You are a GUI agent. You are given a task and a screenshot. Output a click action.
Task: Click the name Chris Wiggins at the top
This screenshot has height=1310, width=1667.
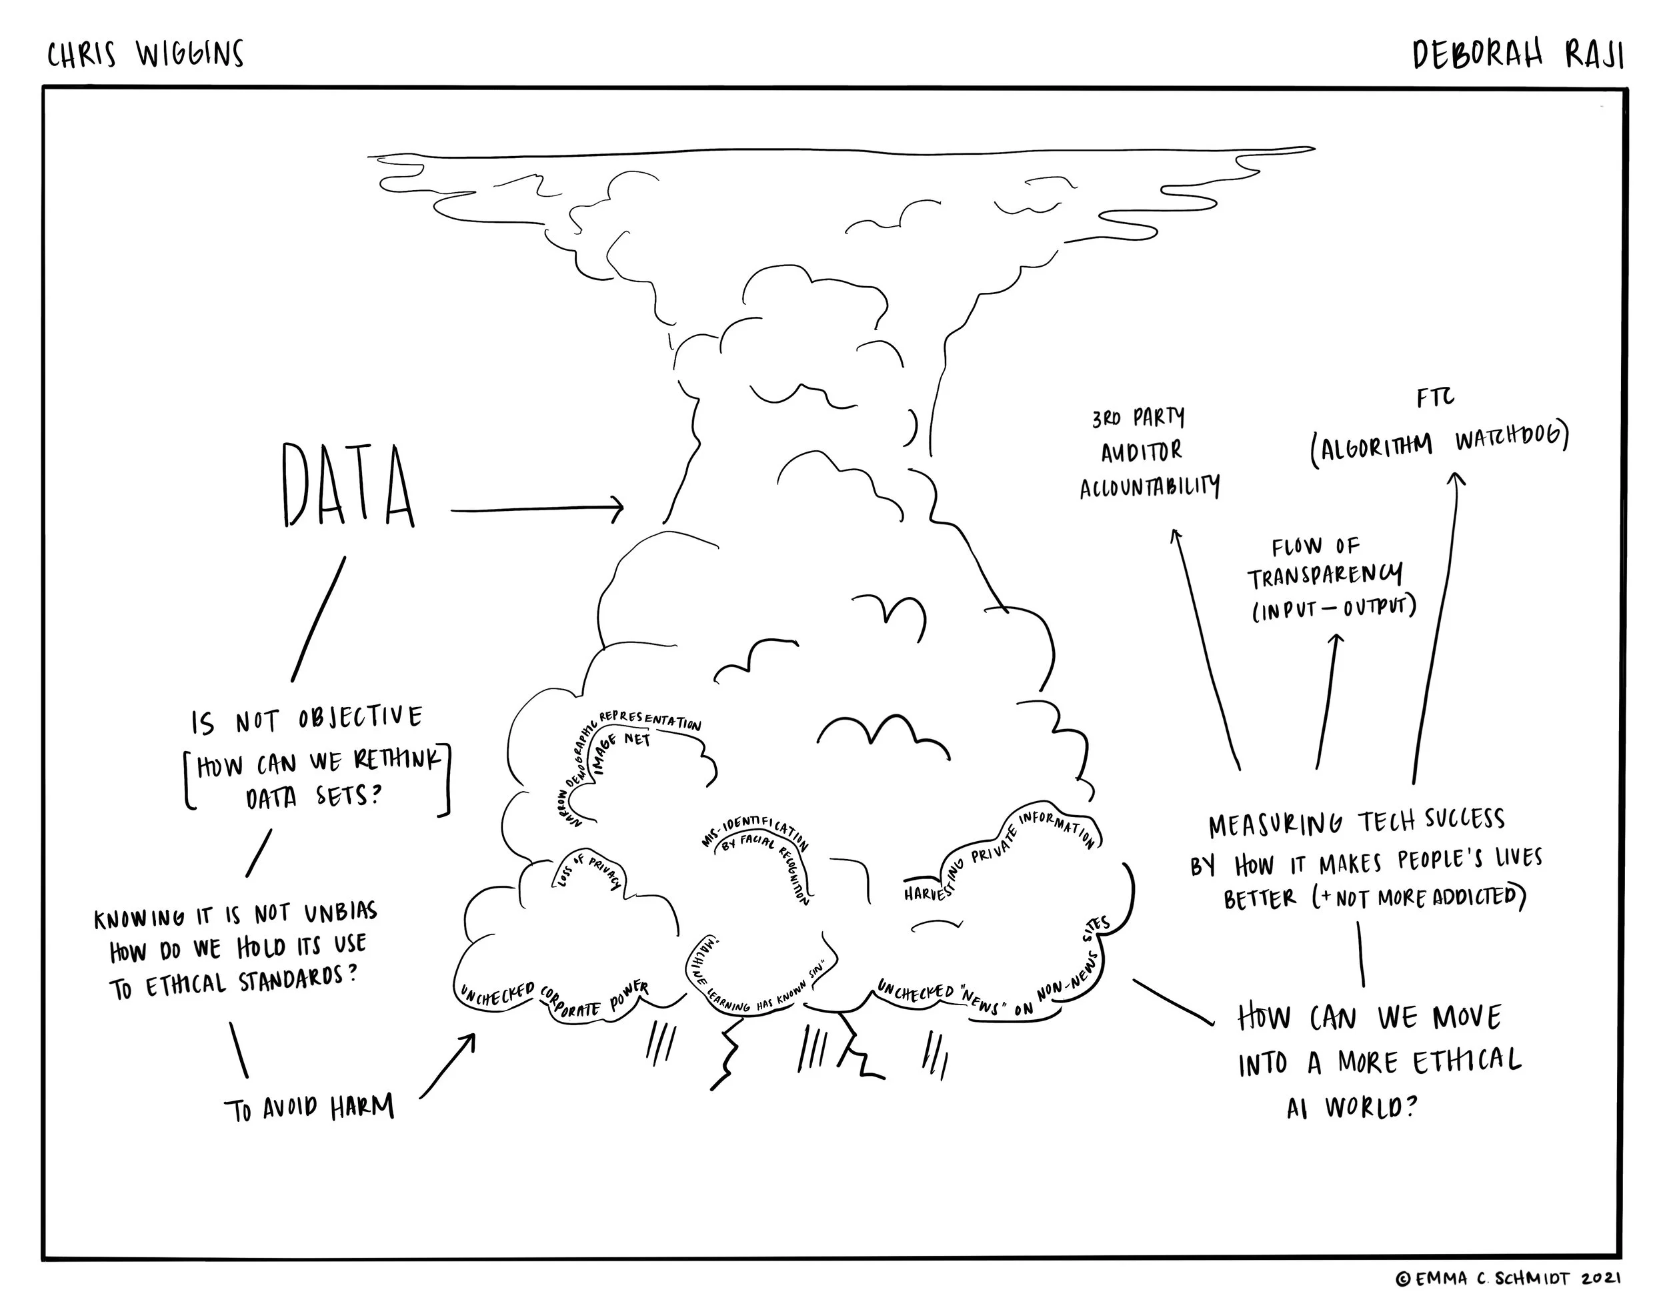[145, 55]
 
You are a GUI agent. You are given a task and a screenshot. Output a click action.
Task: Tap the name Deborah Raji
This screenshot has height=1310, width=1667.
[1518, 55]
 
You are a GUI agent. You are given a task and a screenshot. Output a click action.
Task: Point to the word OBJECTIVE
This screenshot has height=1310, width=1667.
[359, 718]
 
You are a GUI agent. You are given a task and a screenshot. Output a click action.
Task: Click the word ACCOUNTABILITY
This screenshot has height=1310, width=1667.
[1150, 487]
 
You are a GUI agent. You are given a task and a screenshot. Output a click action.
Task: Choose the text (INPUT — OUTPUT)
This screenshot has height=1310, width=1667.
[1334, 608]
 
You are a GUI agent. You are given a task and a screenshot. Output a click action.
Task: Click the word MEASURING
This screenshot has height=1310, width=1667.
[1275, 825]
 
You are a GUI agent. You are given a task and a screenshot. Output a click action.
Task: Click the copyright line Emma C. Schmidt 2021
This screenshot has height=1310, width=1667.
[1508, 1279]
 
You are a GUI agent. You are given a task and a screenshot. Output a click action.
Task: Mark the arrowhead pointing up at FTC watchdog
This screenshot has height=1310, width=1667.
[1456, 479]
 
